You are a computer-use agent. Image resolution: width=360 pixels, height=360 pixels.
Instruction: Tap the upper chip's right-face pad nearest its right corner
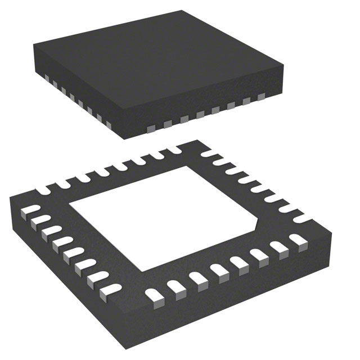pos(260,97)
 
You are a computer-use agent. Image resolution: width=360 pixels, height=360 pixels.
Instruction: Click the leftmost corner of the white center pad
pos(69,209)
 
